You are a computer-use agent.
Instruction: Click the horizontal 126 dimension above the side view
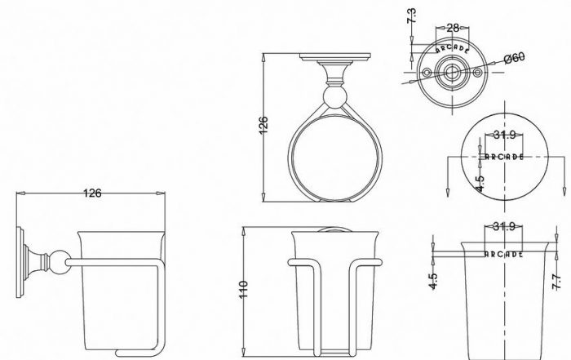coord(92,193)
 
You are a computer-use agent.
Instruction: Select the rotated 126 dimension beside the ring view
coord(263,125)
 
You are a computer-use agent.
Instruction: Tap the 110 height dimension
coord(244,290)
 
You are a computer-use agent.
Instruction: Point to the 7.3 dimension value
coord(411,16)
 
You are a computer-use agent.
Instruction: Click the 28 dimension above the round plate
coord(453,28)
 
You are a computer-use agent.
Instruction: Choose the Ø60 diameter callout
coord(515,58)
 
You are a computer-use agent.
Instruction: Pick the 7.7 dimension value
coord(556,282)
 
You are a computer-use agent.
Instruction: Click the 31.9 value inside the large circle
coord(505,135)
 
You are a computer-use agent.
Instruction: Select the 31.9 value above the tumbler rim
coord(504,226)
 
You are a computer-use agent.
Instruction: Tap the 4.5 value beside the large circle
coord(480,184)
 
